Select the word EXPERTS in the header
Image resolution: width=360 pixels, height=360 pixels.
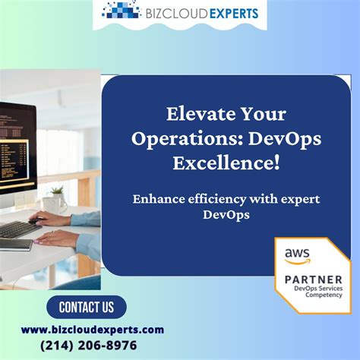[x=231, y=12]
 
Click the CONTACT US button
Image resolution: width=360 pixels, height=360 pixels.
[x=86, y=307]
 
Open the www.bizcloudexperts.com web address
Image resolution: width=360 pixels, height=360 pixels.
[x=92, y=330]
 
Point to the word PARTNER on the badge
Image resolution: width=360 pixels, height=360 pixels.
[x=313, y=279]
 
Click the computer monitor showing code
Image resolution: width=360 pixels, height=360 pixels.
[x=17, y=148]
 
